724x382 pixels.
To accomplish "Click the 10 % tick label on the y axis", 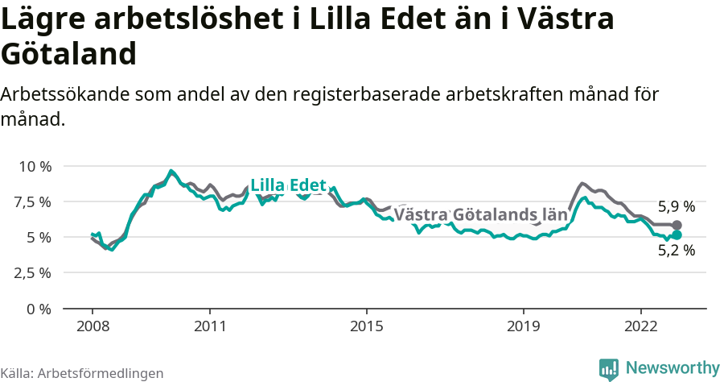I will (35, 166).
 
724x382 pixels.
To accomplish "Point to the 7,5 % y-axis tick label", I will (34, 201).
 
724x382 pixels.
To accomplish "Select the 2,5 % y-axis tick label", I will (34, 272).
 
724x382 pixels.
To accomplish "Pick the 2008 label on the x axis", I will (93, 326).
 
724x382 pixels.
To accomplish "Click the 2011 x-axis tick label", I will (210, 326).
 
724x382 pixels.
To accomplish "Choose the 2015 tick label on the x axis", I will (367, 326).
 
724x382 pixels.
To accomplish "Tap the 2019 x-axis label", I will (524, 326).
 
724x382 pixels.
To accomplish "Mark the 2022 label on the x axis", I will (641, 326).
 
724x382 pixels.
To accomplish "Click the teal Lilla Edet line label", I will (288, 185).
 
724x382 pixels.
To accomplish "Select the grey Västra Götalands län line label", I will (480, 215).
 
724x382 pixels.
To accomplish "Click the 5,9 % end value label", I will (677, 206).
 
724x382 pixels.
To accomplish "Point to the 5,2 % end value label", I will (677, 250).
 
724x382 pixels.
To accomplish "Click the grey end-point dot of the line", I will (677, 225).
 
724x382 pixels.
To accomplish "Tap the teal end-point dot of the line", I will (677, 235).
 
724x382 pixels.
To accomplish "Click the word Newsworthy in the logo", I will (673, 368).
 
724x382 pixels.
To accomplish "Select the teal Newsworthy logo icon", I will (609, 369).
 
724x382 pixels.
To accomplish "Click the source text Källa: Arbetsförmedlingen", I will (82, 373).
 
